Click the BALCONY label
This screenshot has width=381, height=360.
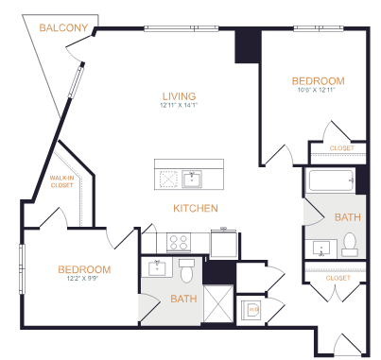point(63,27)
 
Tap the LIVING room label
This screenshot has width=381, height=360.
point(179,96)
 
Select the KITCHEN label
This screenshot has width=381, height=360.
point(196,208)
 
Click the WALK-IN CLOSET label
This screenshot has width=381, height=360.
point(61,181)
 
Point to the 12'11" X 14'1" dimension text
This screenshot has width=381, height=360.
point(179,105)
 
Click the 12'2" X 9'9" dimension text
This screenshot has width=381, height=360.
point(82,279)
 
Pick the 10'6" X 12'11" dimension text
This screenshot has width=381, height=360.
point(316,90)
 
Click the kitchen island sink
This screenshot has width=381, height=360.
point(192,180)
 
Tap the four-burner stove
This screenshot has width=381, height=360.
point(179,243)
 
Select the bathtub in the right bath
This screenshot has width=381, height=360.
point(332,180)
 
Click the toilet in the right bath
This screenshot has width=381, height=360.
point(350,245)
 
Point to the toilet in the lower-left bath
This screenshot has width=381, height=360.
point(186,270)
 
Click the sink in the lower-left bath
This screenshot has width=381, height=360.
point(157,267)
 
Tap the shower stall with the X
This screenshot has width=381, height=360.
point(218,303)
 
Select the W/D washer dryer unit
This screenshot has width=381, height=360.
point(251,310)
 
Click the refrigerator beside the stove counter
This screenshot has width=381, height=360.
point(224,244)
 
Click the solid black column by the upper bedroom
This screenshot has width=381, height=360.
point(248,46)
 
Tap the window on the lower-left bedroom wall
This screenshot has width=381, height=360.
point(22,269)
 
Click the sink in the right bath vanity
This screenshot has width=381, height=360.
point(321,249)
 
